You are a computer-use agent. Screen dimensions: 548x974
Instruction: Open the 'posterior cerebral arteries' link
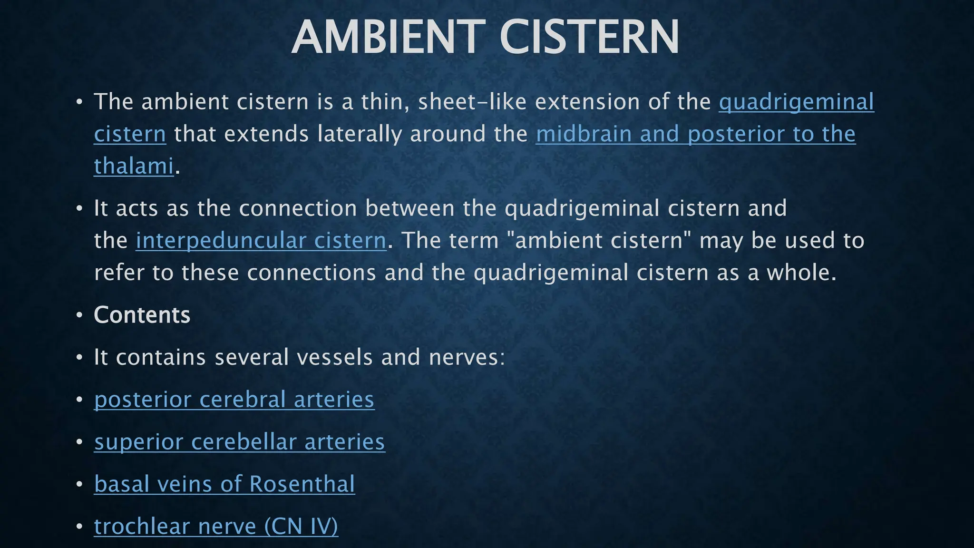click(234, 399)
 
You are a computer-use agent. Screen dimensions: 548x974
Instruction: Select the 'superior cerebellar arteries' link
click(239, 441)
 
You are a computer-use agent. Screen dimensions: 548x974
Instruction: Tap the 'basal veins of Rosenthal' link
click(224, 484)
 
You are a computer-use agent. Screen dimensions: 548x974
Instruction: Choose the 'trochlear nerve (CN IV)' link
click(216, 526)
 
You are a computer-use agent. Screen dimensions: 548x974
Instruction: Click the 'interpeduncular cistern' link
click(261, 240)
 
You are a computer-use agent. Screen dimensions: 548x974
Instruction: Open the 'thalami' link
click(134, 166)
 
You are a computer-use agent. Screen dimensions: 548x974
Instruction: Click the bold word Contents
click(142, 315)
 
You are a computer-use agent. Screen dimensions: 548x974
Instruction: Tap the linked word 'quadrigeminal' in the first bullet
click(796, 102)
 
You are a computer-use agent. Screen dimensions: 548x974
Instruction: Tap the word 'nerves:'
click(466, 357)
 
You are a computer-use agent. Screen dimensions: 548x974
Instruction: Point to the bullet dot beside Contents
click(79, 315)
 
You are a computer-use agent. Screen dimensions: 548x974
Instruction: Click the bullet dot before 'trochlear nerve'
click(79, 526)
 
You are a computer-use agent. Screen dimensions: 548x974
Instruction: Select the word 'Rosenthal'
click(302, 484)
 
